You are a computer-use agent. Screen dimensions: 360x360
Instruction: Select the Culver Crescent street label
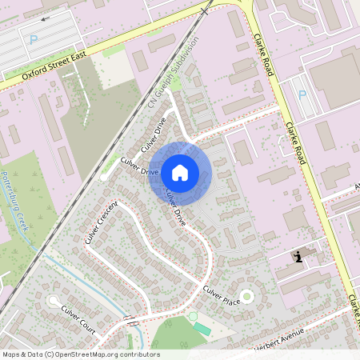(102, 222)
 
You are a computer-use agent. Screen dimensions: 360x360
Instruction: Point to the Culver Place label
(222, 295)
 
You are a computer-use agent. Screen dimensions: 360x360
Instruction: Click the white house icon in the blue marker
(180, 172)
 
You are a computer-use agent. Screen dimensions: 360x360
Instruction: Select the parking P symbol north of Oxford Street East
(33, 39)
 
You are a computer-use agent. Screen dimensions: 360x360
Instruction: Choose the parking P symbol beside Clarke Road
(302, 94)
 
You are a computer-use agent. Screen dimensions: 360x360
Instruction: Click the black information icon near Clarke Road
(298, 257)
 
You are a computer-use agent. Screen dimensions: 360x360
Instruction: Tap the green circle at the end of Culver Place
(247, 297)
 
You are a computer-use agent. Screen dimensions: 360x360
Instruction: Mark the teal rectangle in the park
(202, 329)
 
